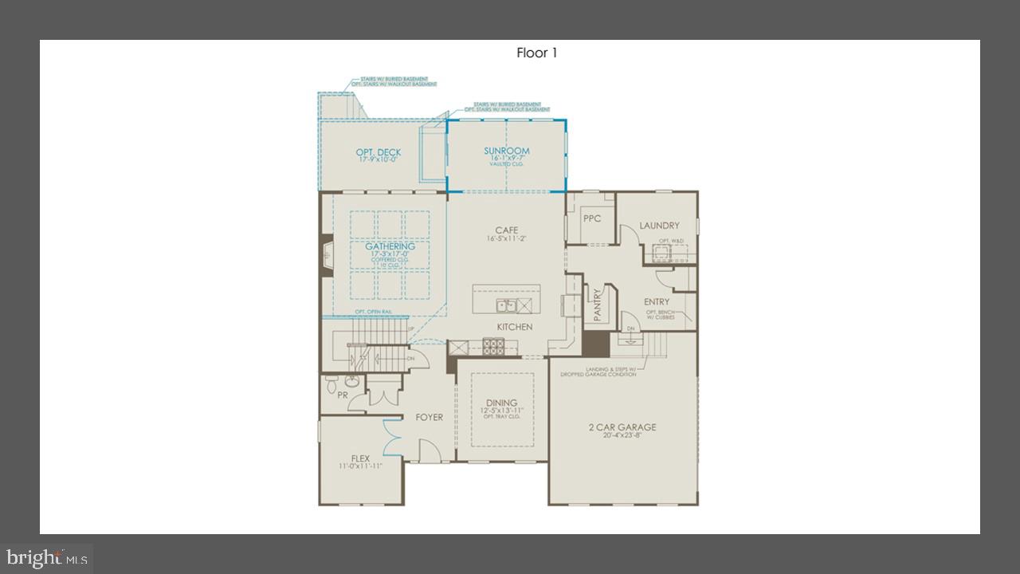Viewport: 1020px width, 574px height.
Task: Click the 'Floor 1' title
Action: pos(537,53)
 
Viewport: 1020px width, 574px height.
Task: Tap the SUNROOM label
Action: pos(507,151)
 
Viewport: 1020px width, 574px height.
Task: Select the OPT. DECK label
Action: pos(379,152)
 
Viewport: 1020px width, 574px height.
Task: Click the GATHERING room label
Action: pos(390,246)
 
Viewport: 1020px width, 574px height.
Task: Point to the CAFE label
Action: pos(507,230)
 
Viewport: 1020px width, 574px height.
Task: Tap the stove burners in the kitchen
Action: pos(493,345)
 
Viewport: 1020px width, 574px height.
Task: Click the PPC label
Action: pos(591,218)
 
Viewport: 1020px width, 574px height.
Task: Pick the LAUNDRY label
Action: pos(659,226)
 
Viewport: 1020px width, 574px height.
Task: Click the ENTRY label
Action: pos(657,301)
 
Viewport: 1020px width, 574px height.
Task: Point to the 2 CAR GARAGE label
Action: pos(622,427)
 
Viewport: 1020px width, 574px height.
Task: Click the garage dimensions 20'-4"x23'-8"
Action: pos(622,435)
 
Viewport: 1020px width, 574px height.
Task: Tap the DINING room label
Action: pos(501,403)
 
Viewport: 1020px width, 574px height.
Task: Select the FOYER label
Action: pos(429,417)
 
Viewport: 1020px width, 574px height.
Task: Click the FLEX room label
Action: pos(360,458)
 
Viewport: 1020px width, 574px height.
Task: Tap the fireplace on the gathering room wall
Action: pos(325,255)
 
